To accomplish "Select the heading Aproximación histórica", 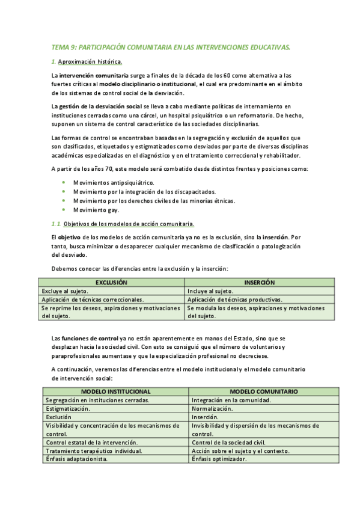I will tap(90, 62).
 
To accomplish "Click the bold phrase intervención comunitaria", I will tap(93, 76).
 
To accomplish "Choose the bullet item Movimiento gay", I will tap(96, 210).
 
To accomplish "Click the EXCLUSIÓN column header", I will tap(112, 282).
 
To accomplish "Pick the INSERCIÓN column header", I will tap(260, 282).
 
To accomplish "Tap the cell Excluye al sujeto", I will tap(66, 290).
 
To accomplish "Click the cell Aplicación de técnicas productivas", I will tap(235, 299).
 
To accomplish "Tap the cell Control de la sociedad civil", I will tap(228, 442).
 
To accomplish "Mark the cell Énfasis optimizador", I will tap(219, 459).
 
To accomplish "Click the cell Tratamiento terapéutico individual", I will tap(94, 450).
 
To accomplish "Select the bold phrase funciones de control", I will tap(90, 339).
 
